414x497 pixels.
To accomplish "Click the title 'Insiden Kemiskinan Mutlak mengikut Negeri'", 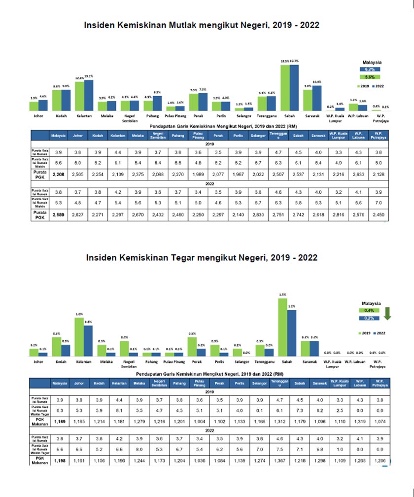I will (201, 25).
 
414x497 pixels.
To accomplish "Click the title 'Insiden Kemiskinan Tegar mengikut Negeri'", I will (201, 257).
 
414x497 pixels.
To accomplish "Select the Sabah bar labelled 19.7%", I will (294, 88).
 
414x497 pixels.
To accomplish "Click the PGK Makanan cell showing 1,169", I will (60, 423).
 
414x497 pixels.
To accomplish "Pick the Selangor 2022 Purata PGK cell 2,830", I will (257, 214).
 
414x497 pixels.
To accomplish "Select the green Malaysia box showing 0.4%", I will (369, 311).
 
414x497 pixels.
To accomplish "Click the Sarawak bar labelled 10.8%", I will (316, 98).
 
